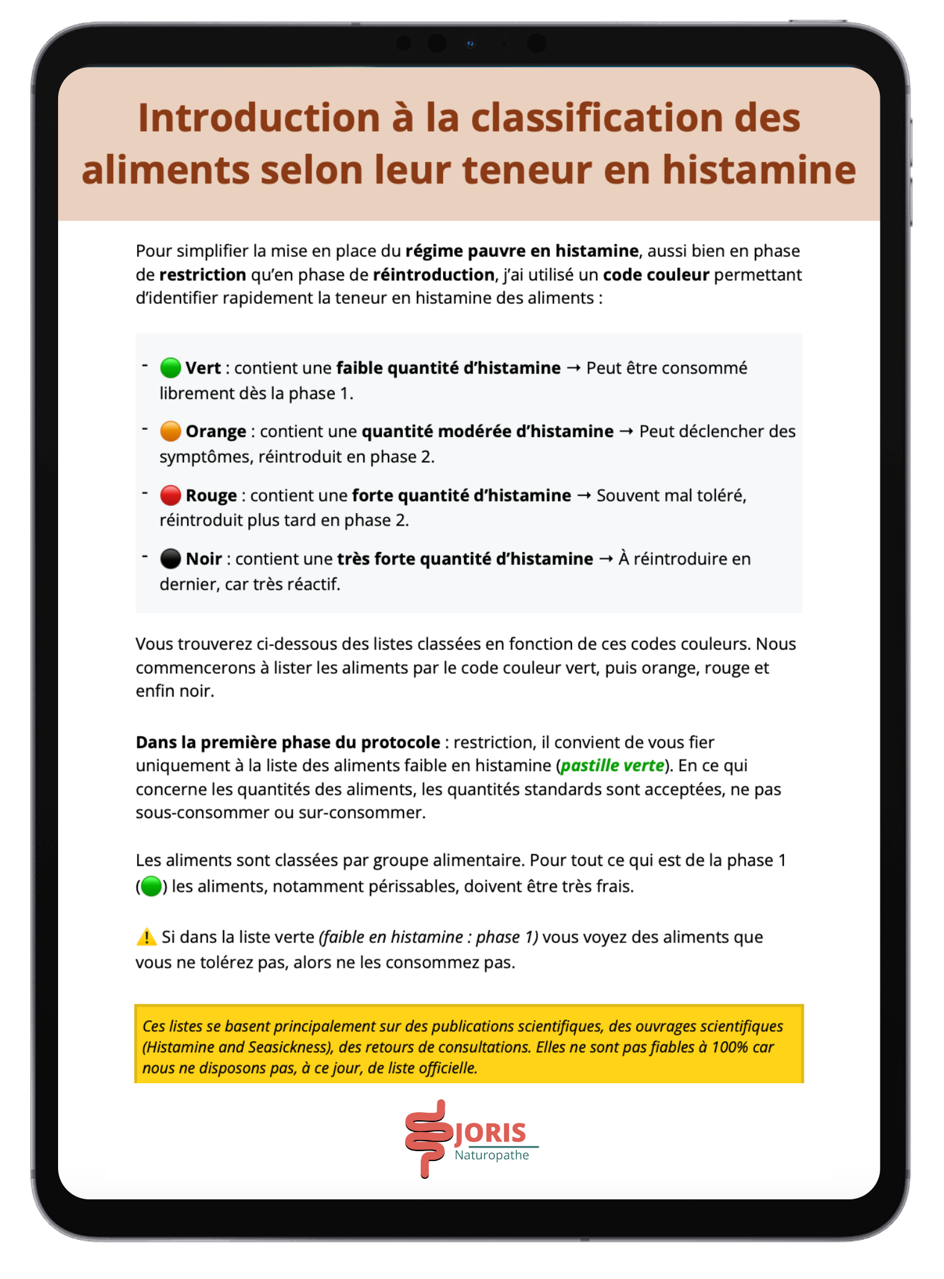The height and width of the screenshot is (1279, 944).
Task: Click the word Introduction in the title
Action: tap(259, 118)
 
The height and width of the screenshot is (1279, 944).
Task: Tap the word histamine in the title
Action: tap(759, 170)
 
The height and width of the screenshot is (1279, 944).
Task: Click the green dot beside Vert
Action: tap(170, 368)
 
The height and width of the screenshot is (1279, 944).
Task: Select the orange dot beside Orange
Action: tap(170, 432)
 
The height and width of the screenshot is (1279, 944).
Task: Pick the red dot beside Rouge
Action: tap(170, 495)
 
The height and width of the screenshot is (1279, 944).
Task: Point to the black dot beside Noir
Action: tap(170, 559)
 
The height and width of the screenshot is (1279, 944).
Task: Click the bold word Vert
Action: tap(203, 368)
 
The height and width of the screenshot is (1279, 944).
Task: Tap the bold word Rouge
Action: tap(211, 495)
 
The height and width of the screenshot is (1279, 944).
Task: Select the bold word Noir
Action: tap(203, 559)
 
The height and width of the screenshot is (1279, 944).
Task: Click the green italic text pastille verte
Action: tap(612, 766)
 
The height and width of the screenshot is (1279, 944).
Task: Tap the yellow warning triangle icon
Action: tap(146, 937)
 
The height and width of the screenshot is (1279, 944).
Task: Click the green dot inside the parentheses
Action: tap(151, 887)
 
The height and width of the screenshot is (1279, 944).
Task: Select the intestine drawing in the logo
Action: tap(427, 1138)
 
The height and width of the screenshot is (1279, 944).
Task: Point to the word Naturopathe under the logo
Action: tap(492, 1155)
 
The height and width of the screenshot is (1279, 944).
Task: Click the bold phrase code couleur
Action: tap(655, 275)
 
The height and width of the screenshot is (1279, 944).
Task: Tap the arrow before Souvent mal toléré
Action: tap(584, 495)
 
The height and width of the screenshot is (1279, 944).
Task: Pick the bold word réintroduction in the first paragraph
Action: tap(434, 275)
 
